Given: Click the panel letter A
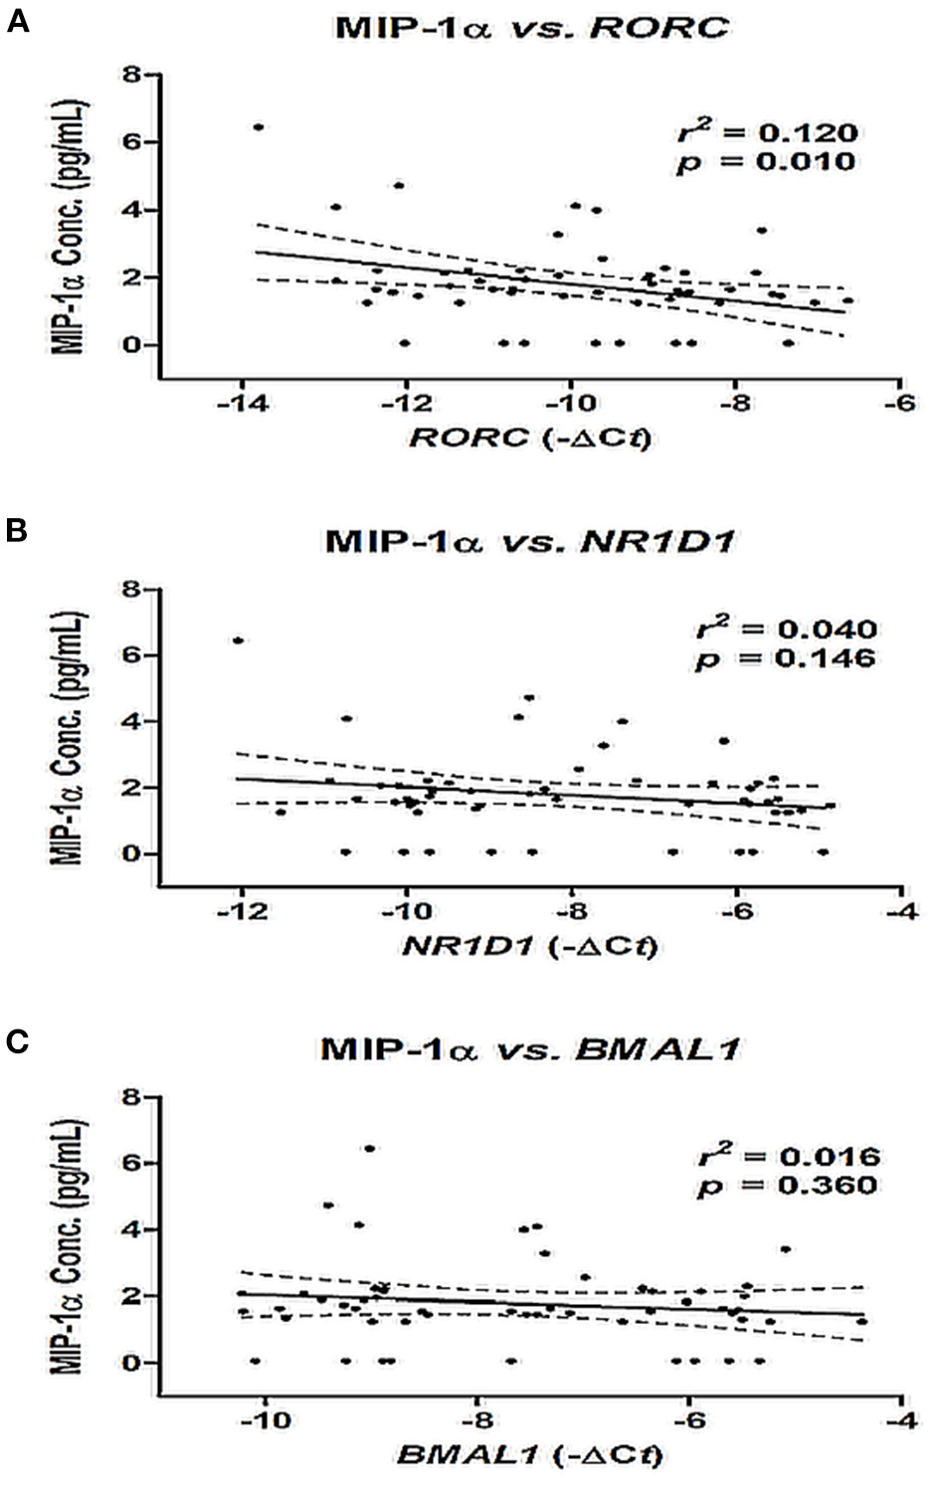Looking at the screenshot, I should tap(17, 21).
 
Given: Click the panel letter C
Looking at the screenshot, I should tap(17, 1041).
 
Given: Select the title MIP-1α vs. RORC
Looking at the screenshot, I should tap(531, 27).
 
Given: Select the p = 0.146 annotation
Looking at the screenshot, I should tap(786, 657).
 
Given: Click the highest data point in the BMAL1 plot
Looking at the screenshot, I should tap(369, 1148).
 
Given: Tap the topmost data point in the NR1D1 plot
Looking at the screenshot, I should tap(239, 641).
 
